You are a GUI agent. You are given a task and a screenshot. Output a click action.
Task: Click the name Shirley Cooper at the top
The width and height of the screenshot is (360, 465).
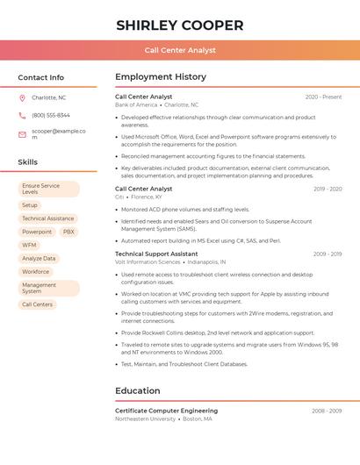pos(180,25)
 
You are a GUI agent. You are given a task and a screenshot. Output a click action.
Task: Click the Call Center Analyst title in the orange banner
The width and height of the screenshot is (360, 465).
pos(180,50)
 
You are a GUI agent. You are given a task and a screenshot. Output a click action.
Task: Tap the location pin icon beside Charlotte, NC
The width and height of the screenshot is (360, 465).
pos(22,97)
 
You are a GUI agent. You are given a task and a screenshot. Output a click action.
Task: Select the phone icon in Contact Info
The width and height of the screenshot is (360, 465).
pos(22,115)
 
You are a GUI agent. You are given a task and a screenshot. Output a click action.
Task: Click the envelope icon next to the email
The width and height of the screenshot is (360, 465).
pos(22,134)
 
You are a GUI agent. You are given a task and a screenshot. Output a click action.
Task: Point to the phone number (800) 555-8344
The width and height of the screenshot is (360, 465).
pos(51,115)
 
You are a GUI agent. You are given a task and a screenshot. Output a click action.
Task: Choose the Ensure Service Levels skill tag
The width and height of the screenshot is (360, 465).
pos(48,189)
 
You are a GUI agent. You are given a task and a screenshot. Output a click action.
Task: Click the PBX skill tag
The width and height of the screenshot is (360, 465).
pos(68,232)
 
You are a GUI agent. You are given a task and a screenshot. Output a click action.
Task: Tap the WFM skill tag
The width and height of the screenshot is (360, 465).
pos(30,245)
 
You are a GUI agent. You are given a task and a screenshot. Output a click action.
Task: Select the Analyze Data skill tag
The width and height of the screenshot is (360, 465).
pos(39,258)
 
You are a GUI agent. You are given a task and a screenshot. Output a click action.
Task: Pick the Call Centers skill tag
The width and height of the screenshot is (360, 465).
pos(38,304)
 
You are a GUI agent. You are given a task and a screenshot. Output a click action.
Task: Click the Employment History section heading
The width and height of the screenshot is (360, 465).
pos(161,77)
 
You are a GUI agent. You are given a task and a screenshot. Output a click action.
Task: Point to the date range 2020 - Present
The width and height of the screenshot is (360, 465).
pos(323,97)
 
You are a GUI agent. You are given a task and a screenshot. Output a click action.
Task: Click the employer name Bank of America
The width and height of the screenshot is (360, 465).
pos(136,104)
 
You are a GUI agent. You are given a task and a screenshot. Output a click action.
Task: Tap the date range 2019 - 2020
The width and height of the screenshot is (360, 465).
pos(327,189)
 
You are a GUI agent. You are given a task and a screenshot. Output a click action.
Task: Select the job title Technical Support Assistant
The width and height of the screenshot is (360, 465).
pos(156,254)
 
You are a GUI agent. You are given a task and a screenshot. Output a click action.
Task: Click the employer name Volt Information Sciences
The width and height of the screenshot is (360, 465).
pos(148,261)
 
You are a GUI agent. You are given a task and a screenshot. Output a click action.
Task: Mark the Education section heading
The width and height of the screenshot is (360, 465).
pos(138,390)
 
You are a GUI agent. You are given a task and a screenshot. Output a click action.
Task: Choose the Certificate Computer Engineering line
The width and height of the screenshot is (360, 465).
pos(166,411)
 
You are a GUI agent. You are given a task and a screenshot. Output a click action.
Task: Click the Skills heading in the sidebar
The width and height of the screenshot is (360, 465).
pos(28,162)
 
